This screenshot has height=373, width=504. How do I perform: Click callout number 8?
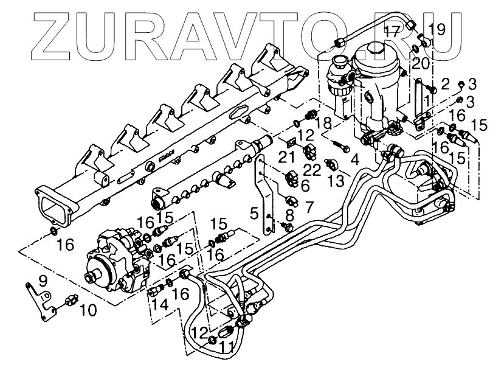[x=289, y=215]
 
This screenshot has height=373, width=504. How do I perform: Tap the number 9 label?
[x=42, y=281]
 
